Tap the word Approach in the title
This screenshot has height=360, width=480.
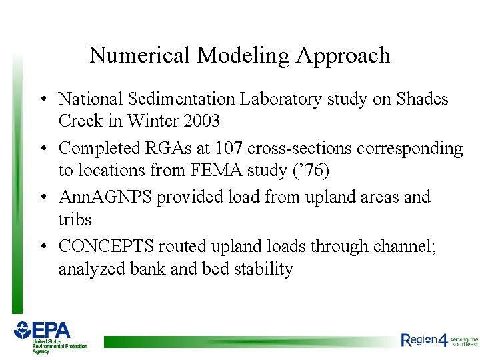344,55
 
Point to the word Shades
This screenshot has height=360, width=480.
422,99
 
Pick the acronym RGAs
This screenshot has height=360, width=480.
165,148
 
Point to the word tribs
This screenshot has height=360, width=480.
75,219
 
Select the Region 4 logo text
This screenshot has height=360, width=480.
425,340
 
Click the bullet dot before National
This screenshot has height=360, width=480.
42,100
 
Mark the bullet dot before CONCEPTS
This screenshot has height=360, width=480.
42,247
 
